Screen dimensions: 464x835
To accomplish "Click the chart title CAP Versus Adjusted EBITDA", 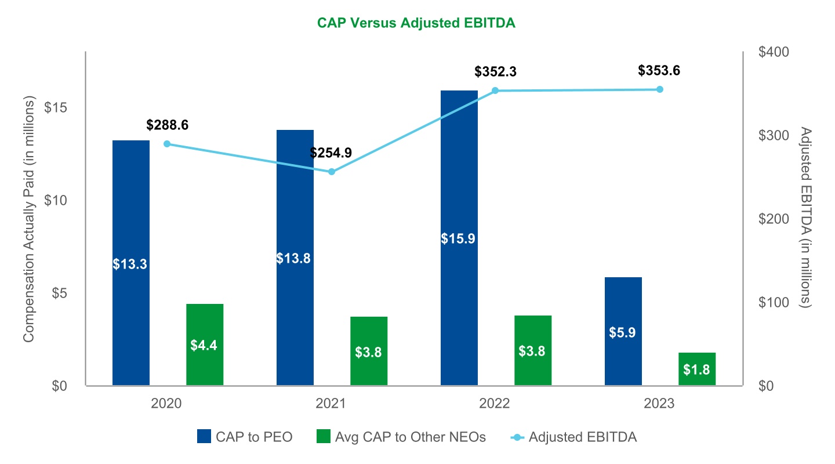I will tap(416, 23).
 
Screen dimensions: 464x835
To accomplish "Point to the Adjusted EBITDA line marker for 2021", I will tap(332, 172).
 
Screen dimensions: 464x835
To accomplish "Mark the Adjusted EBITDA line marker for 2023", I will tap(659, 89).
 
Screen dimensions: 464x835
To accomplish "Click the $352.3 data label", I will tap(495, 72).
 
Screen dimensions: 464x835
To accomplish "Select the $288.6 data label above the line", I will tap(168, 125).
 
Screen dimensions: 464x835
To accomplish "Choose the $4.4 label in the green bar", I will tap(204, 345).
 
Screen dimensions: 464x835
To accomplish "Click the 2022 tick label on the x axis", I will tap(495, 404).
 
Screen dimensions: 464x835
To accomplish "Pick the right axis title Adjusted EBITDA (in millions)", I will tap(804, 217).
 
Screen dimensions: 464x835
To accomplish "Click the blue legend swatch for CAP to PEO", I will tap(204, 437).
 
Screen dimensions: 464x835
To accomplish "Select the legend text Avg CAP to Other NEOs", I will tap(411, 437).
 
